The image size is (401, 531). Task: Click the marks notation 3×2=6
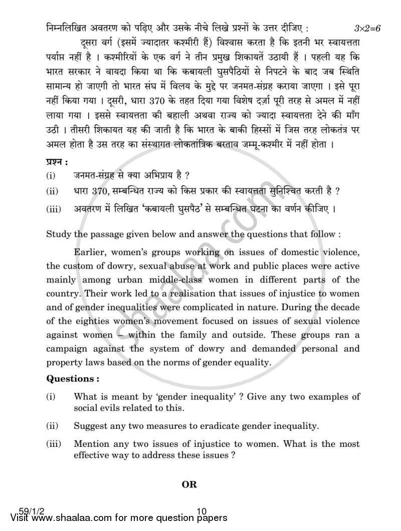pyautogui.click(x=367, y=28)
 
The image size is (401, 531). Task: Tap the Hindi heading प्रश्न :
pyautogui.click(x=56, y=161)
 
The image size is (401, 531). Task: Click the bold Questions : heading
pyautogui.click(x=70, y=379)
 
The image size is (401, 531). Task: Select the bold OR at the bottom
pyautogui.click(x=189, y=484)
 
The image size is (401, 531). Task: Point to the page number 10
pyautogui.click(x=202, y=511)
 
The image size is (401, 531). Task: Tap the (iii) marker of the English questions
pyautogui.click(x=53, y=444)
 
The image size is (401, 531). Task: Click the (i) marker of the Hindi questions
pyautogui.click(x=51, y=175)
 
